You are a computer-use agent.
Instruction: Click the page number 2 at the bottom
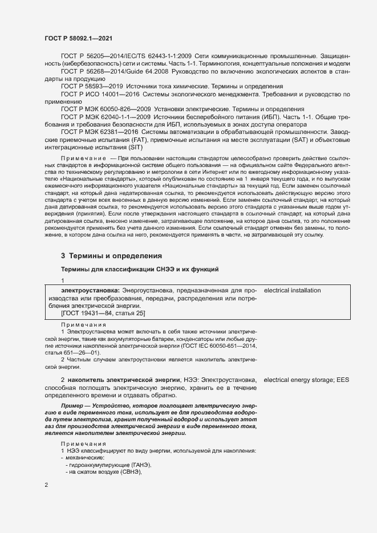pyautogui.click(x=47, y=485)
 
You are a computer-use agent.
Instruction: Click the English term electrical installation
pyautogui.click(x=293, y=291)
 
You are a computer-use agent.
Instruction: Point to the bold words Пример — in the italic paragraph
pyautogui.click(x=75, y=405)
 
